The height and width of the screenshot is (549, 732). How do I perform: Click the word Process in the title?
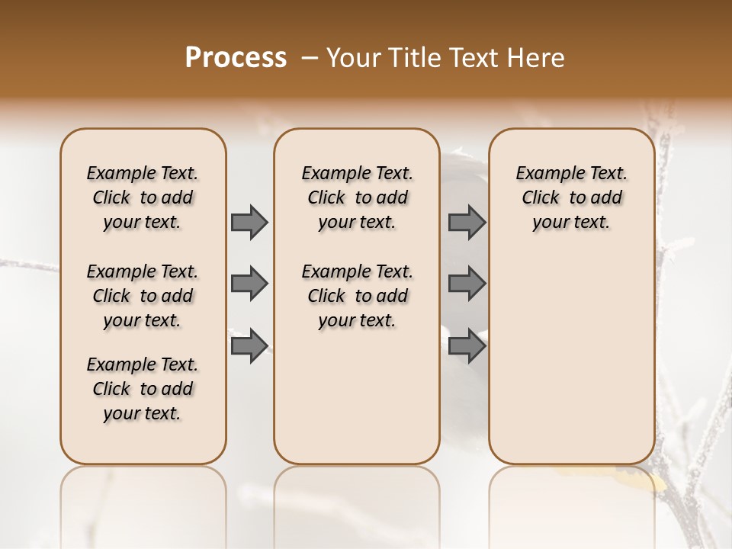(236, 58)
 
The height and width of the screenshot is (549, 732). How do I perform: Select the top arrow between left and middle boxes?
(249, 222)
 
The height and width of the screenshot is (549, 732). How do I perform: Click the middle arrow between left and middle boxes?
(249, 284)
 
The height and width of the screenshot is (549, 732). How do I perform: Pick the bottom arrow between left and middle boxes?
(249, 346)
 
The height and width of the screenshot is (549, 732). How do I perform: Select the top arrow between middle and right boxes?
(467, 222)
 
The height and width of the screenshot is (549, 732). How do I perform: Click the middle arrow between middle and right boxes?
(467, 284)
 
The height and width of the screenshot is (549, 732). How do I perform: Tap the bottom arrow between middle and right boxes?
(467, 346)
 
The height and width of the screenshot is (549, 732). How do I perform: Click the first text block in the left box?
(143, 197)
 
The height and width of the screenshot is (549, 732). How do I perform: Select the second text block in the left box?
(143, 296)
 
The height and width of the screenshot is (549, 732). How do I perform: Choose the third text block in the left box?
(143, 389)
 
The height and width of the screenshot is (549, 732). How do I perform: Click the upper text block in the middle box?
(357, 197)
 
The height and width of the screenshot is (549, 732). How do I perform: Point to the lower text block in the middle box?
(357, 296)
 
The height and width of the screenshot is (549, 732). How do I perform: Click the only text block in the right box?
(571, 197)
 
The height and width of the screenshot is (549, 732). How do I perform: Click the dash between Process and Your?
(309, 59)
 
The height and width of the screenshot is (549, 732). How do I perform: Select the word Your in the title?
(352, 58)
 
